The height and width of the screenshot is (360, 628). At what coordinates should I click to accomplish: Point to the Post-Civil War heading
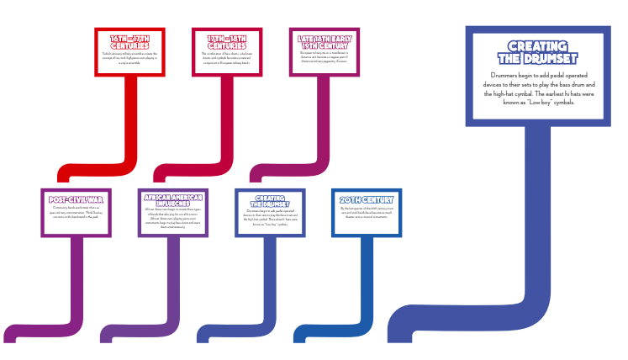pos(77,200)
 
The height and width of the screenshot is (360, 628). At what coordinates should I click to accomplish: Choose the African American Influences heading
pos(173,201)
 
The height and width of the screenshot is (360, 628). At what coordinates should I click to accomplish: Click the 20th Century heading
pos(367,200)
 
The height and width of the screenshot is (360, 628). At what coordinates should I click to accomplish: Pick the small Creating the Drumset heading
pos(270,201)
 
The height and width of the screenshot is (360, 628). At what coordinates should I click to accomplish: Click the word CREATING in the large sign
pos(538,46)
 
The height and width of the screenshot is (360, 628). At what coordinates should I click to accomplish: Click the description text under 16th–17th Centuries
pos(129,59)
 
